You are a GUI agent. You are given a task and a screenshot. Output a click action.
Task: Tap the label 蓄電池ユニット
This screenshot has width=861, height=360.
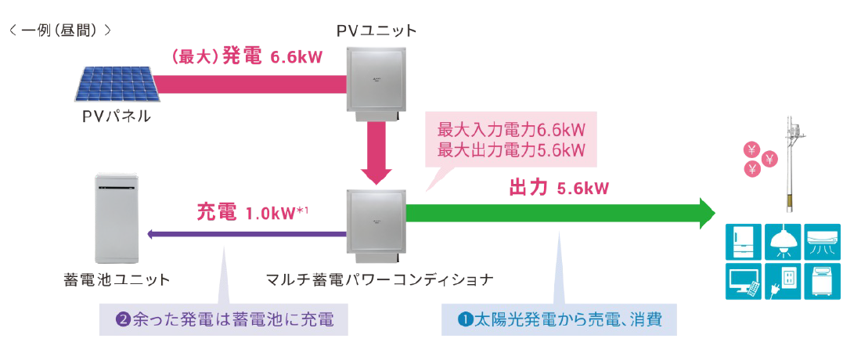(117, 279)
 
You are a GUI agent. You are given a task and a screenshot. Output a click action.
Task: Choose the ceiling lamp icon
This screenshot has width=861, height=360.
(783, 241)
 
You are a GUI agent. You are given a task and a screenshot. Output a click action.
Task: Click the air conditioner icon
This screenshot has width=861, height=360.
(821, 239)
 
